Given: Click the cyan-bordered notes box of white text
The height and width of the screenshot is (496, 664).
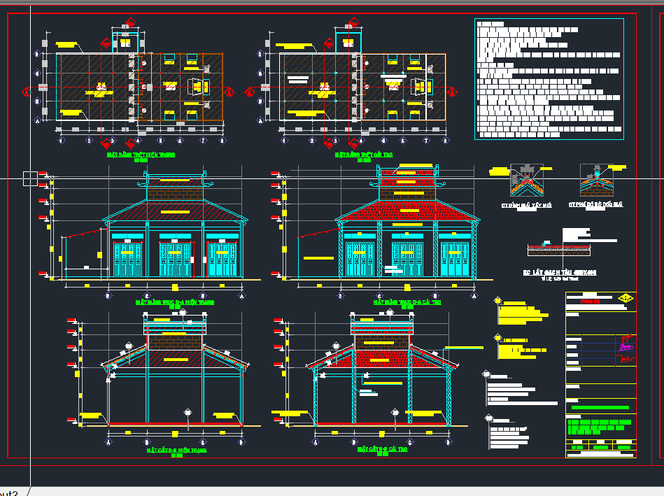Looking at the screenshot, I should point(548,78).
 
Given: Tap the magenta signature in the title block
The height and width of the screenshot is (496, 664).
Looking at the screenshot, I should point(626,343).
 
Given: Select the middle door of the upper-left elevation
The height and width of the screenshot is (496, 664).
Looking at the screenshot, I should point(174,255).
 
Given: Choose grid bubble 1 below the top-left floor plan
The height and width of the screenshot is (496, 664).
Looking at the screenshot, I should point(61,141).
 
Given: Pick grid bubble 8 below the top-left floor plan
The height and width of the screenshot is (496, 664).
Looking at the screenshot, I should point(222,141).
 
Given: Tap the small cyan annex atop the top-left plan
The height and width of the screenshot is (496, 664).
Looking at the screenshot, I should point(125,41).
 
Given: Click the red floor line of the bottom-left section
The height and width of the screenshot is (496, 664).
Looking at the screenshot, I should point(174,424).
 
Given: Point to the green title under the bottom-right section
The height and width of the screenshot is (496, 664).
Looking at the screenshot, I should point(381,450).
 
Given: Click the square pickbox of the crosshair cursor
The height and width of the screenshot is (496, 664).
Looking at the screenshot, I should point(30,178).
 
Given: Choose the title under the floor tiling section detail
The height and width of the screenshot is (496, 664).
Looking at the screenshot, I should point(559,272).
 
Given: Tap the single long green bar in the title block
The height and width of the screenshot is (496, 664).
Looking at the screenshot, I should point(600,408).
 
